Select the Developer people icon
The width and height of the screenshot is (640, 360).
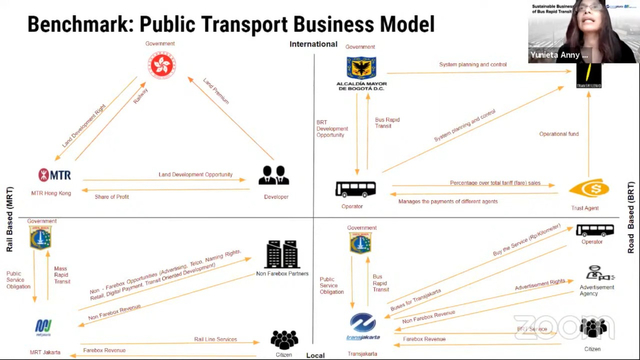coord(273,176)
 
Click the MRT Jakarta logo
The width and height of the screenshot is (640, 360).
coord(43,326)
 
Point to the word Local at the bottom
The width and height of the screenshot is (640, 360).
coord(318,354)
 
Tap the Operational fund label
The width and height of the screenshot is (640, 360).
coord(590,132)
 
